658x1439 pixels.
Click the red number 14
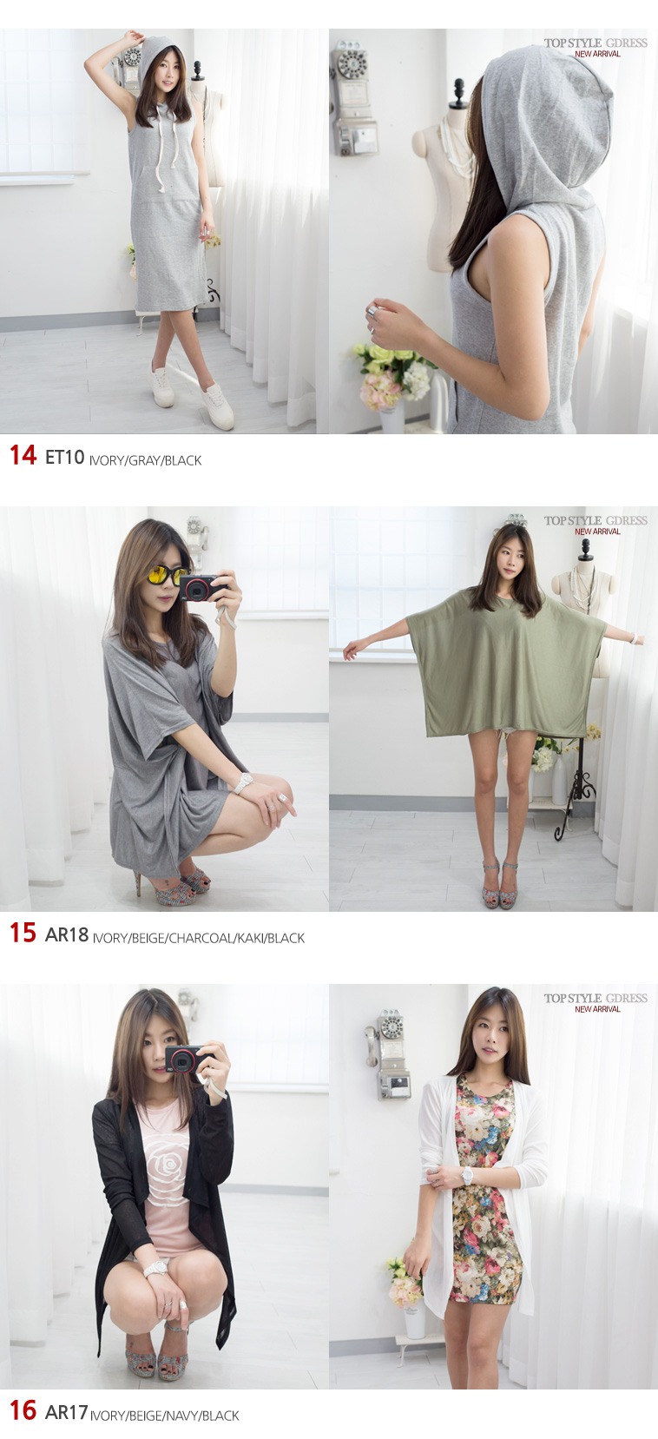point(23,455)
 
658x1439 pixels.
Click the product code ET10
point(65,457)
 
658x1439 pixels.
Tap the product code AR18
point(67,934)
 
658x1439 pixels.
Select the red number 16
point(23,1410)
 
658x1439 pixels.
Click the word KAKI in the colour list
point(250,938)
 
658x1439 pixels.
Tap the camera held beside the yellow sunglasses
point(202,587)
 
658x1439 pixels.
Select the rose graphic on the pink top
point(168,1166)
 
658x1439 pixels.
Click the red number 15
point(23,933)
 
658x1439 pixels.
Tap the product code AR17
point(66,1412)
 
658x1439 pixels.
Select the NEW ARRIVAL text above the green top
point(597,531)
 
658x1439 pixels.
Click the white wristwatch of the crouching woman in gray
point(245,782)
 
